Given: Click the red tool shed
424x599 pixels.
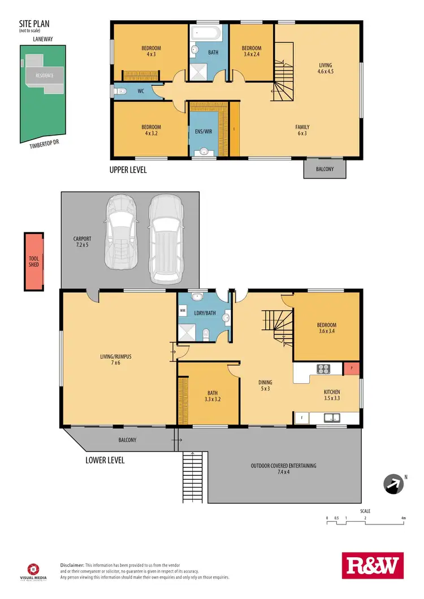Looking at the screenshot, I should pyautogui.click(x=33, y=262).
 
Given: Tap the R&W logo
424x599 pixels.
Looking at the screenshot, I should pyautogui.click(x=372, y=565).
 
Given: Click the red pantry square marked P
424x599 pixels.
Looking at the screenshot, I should pyautogui.click(x=352, y=368).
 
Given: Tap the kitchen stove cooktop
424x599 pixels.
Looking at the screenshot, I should pyautogui.click(x=324, y=369).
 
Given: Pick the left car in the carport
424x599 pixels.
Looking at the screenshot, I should pyautogui.click(x=120, y=232).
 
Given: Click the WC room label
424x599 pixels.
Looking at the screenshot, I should pyautogui.click(x=140, y=91).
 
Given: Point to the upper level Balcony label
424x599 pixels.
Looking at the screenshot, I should pyautogui.click(x=325, y=169).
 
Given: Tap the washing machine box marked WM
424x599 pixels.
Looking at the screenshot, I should pyautogui.click(x=183, y=311).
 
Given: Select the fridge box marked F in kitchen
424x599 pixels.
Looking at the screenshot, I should pyautogui.click(x=301, y=418).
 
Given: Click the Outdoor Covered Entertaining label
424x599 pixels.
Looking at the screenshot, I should pyautogui.click(x=284, y=469).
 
